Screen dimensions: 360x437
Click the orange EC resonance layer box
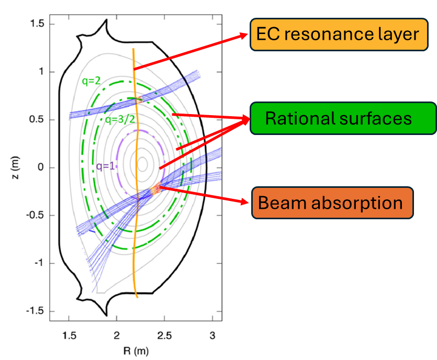[338, 35]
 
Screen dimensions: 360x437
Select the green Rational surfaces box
[343, 118]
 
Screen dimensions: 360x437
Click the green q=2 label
[91, 81]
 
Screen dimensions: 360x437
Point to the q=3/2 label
[119, 119]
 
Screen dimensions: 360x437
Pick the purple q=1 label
[106, 167]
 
